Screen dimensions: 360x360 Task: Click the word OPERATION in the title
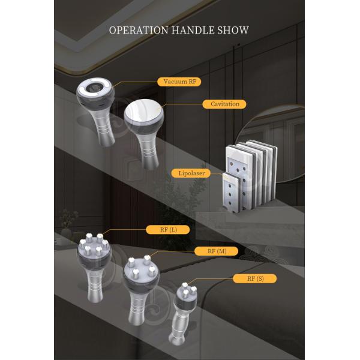pos(139,31)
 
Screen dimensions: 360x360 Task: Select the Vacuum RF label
pos(179,82)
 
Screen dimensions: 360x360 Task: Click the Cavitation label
pos(224,104)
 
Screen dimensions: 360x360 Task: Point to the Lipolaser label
pos(191,173)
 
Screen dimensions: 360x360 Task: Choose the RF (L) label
pos(168,230)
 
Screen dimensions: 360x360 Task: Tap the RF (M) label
pos(216,251)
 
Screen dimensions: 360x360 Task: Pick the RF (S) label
pos(254,278)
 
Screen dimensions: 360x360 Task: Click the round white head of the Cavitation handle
pos(143,111)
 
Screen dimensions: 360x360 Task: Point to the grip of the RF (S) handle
pos(178,326)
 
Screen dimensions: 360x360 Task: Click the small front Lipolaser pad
pos(232,193)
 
